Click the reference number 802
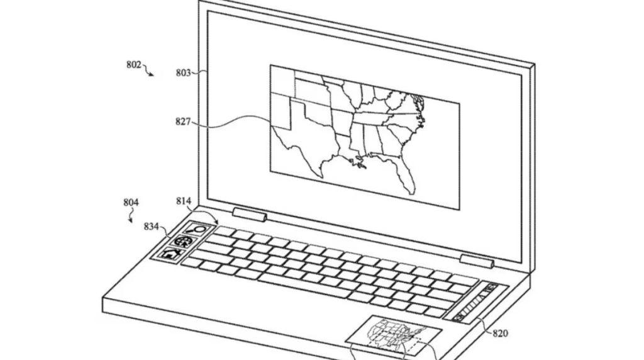[133, 65]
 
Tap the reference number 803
[183, 73]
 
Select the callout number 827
[183, 121]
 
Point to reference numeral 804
[131, 202]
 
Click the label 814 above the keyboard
[184, 201]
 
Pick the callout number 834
[151, 227]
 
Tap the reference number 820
[500, 334]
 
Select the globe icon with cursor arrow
[183, 241]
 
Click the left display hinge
[250, 214]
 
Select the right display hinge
[477, 261]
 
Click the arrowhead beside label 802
[152, 74]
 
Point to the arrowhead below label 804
[131, 221]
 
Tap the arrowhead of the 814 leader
[216, 222]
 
